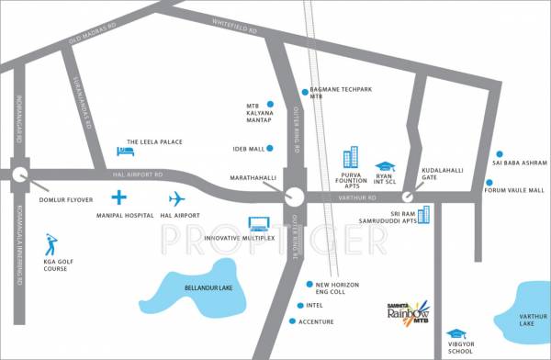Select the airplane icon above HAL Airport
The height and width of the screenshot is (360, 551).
pos(177,198)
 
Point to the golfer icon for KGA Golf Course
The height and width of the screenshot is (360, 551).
pos(51,244)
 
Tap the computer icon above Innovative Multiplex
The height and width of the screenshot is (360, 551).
pos(259,223)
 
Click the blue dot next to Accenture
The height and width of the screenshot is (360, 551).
pos(292,321)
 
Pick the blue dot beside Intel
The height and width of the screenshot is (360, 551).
pos(298,305)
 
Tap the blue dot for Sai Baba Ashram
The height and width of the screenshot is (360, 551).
pos(499,154)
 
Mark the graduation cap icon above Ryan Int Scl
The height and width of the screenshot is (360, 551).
pos(384,166)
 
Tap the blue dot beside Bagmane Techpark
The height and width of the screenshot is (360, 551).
pos(304,91)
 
